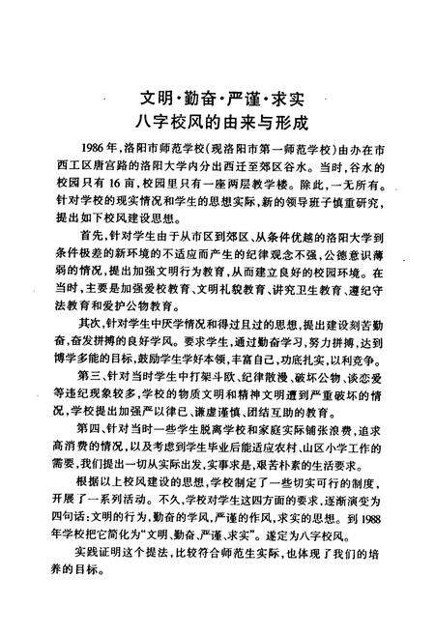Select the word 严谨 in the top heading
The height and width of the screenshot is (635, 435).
click(x=243, y=101)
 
